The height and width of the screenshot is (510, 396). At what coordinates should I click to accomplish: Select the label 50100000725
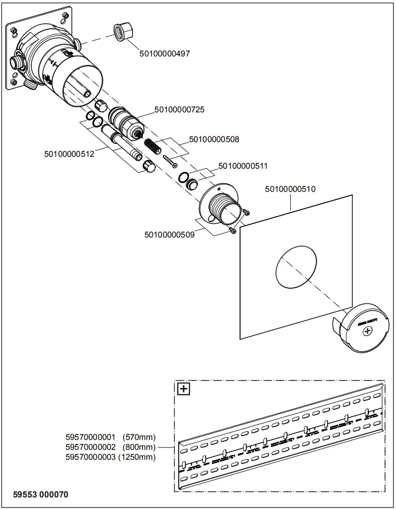179,109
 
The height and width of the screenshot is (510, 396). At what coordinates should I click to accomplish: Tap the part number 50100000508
213,139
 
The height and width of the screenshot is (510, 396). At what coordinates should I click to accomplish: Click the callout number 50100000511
243,166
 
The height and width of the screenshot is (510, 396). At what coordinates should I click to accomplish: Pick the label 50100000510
290,189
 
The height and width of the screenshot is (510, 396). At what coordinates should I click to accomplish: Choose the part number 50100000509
169,234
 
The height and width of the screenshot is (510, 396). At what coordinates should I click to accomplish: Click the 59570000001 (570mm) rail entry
111,437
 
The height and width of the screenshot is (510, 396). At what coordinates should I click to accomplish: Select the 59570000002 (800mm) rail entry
111,447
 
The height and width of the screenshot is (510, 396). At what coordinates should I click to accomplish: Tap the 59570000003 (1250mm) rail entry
111,457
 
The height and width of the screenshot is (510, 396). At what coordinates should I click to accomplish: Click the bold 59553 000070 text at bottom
41,495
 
